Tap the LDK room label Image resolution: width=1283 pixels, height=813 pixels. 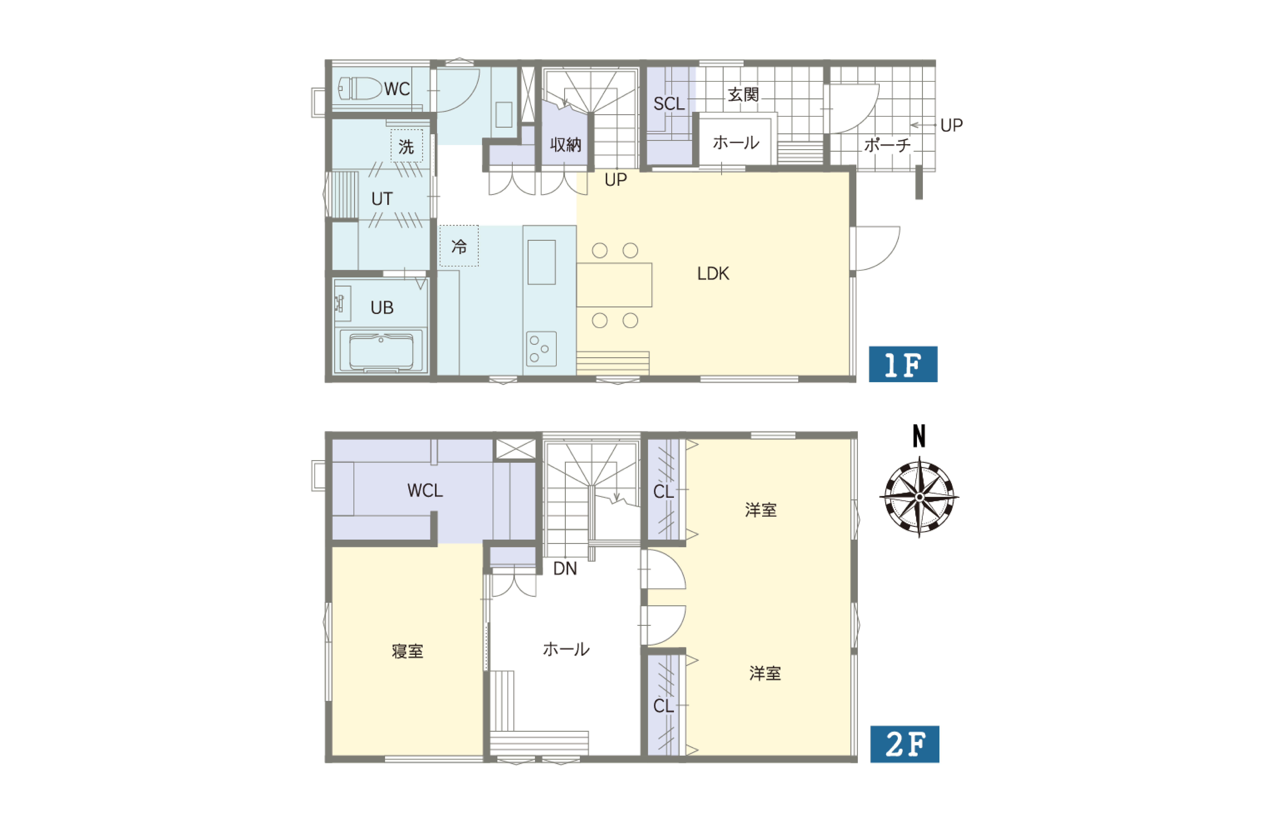tap(713, 274)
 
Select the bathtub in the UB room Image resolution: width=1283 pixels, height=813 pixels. tap(381, 351)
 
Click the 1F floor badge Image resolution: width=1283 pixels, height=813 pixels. tap(903, 364)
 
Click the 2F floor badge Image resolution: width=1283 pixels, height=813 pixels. tap(905, 744)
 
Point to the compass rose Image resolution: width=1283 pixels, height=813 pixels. tap(919, 497)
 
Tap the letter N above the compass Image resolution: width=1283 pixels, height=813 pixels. tap(919, 436)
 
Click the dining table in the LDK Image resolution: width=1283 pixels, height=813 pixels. tap(614, 285)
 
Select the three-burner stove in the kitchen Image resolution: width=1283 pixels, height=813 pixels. tap(541, 349)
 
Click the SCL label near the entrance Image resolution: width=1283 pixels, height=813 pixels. tap(669, 104)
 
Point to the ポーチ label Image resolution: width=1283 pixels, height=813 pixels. tap(887, 145)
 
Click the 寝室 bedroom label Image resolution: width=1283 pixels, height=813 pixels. tap(408, 651)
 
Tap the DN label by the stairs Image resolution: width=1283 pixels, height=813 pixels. tap(565, 569)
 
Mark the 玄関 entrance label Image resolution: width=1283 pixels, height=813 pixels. tap(743, 95)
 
